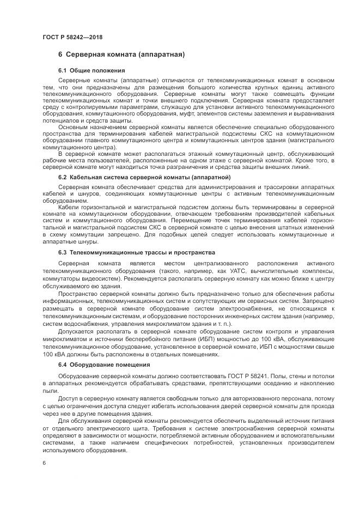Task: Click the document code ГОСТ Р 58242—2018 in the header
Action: (x=72, y=37)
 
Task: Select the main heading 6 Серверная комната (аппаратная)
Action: (x=122, y=55)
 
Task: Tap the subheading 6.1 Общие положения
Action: (x=91, y=70)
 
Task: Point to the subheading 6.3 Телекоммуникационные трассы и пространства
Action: (x=136, y=252)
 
